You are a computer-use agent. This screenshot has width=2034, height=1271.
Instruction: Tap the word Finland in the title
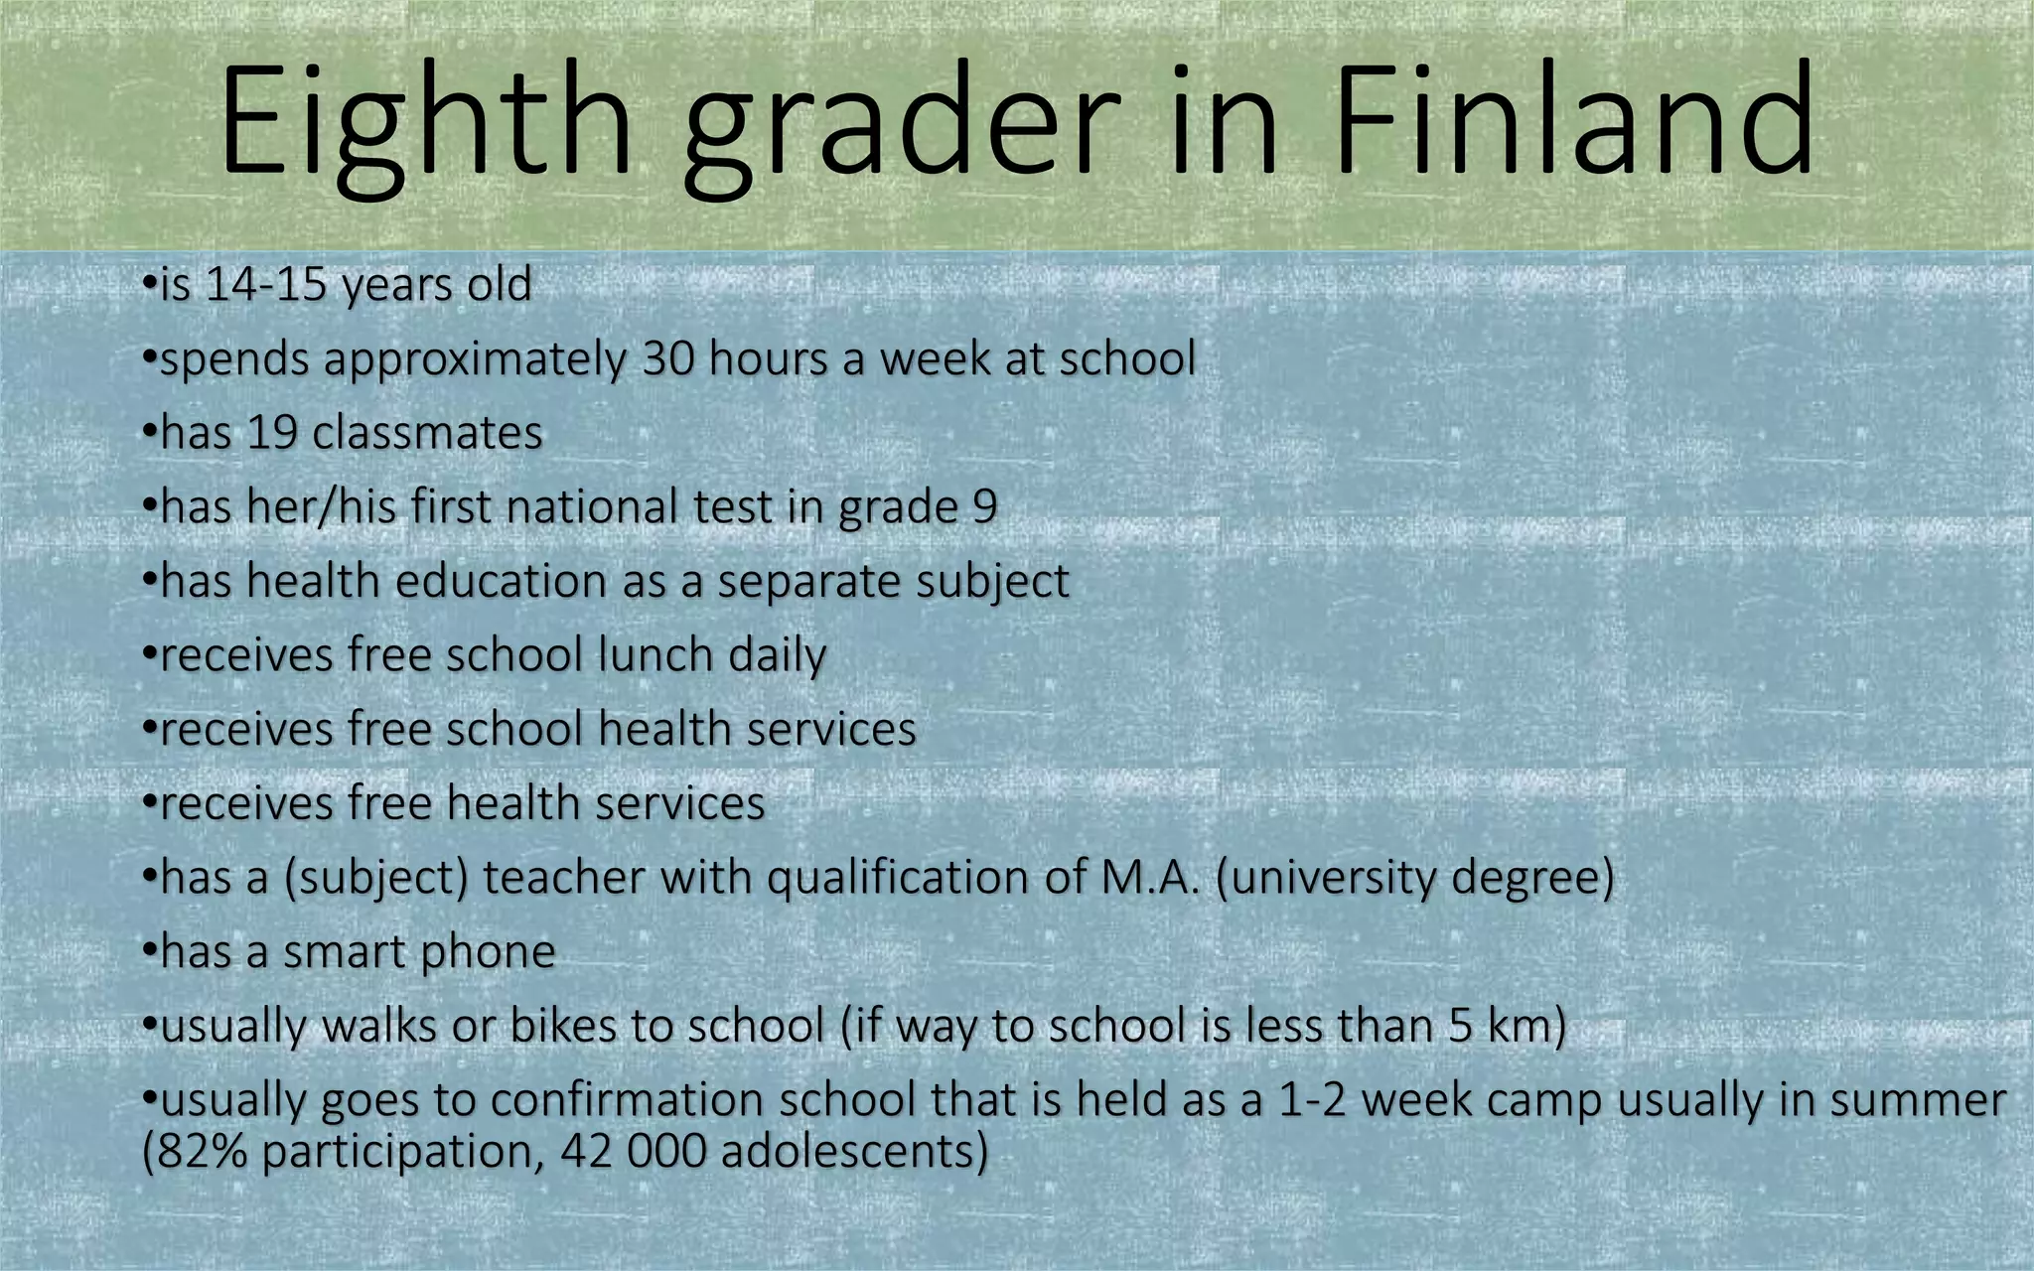tap(1575, 121)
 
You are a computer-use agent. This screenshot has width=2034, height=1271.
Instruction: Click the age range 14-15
tap(265, 285)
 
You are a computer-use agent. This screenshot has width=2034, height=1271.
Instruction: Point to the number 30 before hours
tap(667, 358)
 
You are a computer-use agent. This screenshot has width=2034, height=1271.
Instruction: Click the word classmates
tap(427, 433)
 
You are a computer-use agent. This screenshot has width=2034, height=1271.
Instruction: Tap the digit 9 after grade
tap(984, 507)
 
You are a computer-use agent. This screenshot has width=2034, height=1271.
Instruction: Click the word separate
tap(808, 582)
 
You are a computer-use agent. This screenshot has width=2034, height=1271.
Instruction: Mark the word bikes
tap(563, 1026)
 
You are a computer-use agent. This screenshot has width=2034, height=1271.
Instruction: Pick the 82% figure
tap(195, 1152)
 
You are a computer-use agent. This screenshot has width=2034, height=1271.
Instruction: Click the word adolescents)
tap(855, 1152)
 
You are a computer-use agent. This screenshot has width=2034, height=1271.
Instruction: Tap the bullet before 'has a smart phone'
tap(149, 951)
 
